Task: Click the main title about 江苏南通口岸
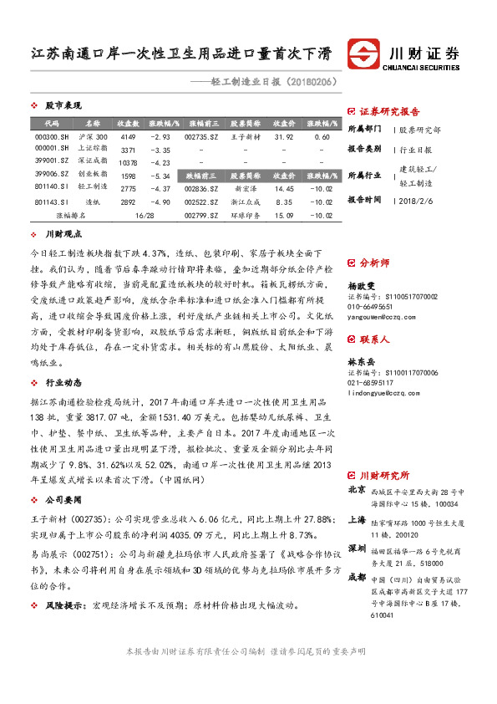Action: coord(180,55)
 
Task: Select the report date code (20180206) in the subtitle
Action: coord(312,83)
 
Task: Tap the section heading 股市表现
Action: coord(63,106)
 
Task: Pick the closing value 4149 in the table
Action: coord(128,136)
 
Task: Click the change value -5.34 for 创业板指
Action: coord(160,176)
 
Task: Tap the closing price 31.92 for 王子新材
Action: coord(284,136)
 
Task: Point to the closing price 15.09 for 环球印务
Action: coord(284,215)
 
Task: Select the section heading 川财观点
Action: coord(63,235)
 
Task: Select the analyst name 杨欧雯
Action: coord(362,285)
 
